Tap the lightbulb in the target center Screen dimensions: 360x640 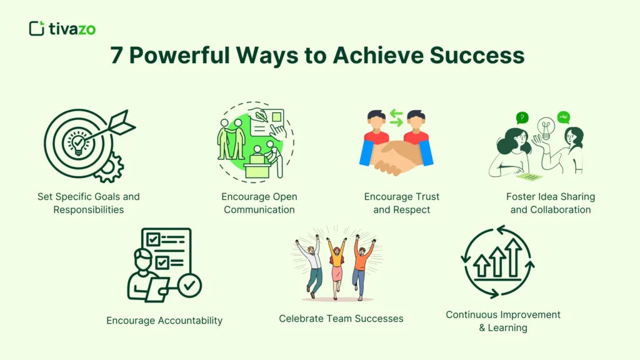tap(78, 143)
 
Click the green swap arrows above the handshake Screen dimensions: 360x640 tap(396, 116)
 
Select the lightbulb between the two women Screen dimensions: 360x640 tap(546, 128)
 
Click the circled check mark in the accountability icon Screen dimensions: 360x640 tap(189, 286)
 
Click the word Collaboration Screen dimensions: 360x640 tap(561, 209)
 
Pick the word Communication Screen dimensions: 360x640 tap(259, 209)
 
